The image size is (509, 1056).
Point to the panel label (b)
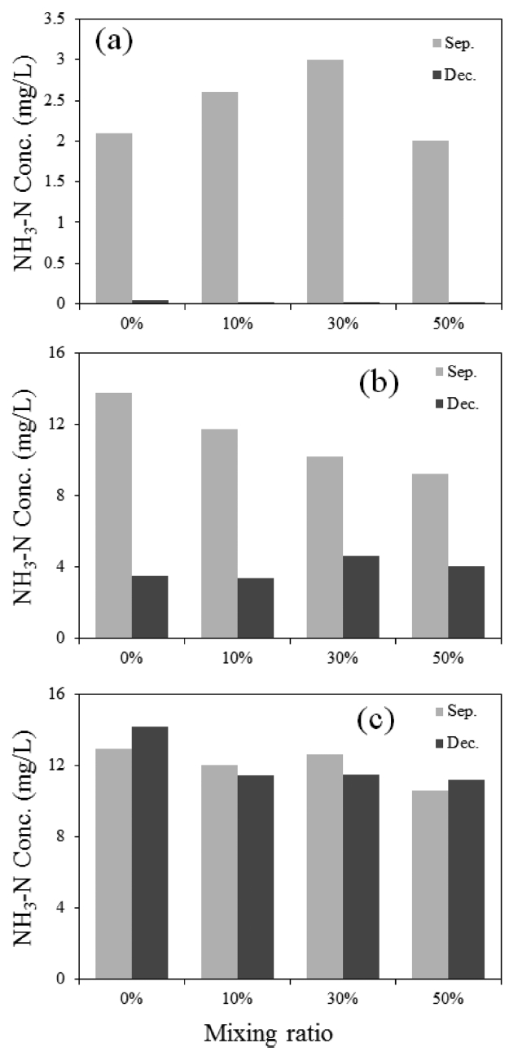(x=379, y=381)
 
